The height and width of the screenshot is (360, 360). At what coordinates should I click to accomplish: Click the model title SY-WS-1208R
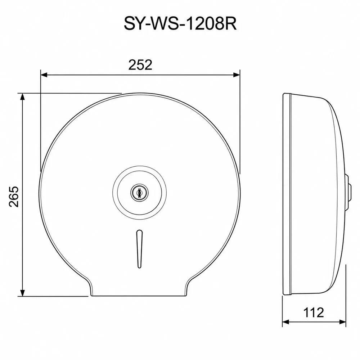pyautogui.click(x=180, y=24)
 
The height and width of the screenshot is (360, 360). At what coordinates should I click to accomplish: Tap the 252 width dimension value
pyautogui.click(x=140, y=65)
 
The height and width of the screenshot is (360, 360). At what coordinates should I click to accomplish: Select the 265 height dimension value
pyautogui.click(x=14, y=197)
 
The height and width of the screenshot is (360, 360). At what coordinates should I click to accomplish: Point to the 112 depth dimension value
pyautogui.click(x=314, y=312)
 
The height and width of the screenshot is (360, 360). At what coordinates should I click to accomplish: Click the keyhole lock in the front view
pyautogui.click(x=139, y=192)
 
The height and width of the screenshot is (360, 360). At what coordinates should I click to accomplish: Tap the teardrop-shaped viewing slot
pyautogui.click(x=139, y=249)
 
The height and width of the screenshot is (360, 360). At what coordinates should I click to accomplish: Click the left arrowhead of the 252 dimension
pyautogui.click(x=44, y=75)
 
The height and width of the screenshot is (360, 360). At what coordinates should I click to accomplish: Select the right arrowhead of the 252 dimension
pyautogui.click(x=237, y=75)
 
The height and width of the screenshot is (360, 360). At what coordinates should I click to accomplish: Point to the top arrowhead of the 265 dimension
pyautogui.click(x=22, y=96)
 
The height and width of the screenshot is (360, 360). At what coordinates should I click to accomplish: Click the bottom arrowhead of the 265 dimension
pyautogui.click(x=22, y=293)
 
